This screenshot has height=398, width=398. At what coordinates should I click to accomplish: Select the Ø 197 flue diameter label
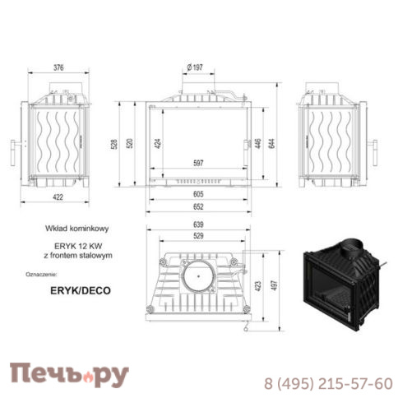click(x=195, y=67)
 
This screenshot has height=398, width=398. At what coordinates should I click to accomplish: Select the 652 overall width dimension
click(x=197, y=206)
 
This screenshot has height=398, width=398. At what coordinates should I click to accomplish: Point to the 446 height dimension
click(x=260, y=143)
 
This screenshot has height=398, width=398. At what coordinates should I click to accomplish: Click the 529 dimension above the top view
click(x=197, y=237)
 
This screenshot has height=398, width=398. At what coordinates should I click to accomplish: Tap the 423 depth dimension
click(x=260, y=287)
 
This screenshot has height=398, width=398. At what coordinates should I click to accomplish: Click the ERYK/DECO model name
click(x=80, y=290)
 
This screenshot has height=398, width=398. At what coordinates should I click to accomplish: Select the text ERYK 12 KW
click(x=80, y=247)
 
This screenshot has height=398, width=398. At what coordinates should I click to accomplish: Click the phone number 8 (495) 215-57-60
click(x=327, y=382)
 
